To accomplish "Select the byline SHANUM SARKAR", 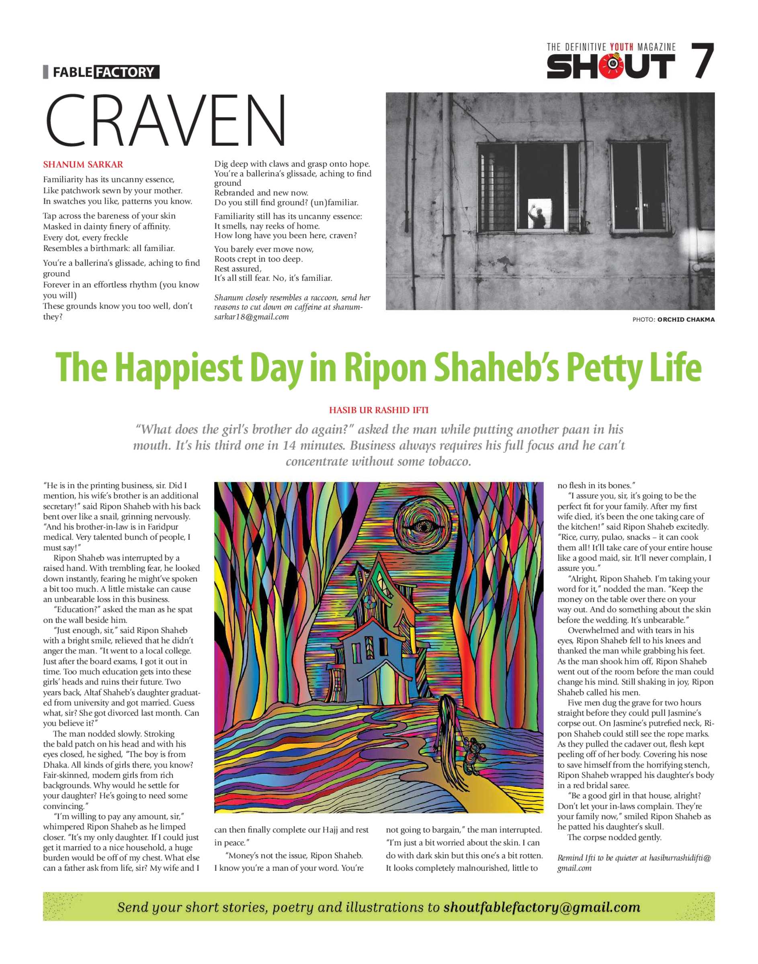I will pos(83,165).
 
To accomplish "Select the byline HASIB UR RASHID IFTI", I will pos(379,410).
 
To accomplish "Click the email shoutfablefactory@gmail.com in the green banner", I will pos(541,907).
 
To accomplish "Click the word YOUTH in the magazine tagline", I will pos(622,47).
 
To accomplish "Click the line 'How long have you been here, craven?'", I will pos(285,235).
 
